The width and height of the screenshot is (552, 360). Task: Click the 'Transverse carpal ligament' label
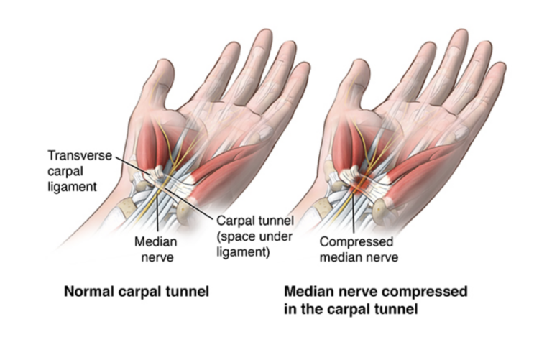(x=80, y=171)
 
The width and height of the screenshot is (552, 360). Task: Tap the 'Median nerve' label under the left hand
(x=156, y=249)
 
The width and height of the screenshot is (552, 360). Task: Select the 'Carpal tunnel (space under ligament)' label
(x=255, y=236)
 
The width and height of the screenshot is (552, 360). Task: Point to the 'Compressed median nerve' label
(x=359, y=249)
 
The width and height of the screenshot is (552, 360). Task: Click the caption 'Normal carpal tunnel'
(x=137, y=292)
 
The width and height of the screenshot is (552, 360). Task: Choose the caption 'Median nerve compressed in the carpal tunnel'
(x=376, y=300)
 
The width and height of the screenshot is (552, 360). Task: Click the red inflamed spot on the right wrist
(x=360, y=182)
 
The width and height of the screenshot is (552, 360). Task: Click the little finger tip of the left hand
(x=303, y=66)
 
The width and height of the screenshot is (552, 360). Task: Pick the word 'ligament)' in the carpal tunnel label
(x=243, y=252)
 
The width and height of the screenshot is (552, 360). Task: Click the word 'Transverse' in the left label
(x=80, y=155)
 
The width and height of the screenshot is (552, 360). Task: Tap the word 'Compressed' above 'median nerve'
(x=356, y=241)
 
